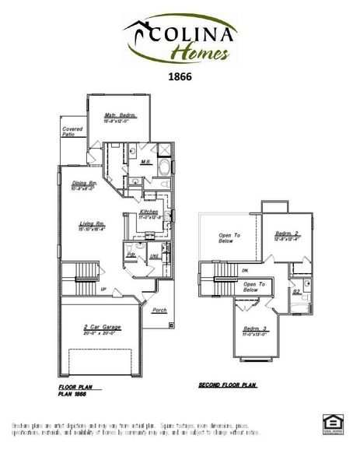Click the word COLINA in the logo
click(197, 33)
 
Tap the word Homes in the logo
click(200, 54)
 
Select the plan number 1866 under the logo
click(180, 78)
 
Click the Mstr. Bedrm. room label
click(121, 115)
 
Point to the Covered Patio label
click(72, 132)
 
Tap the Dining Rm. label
click(83, 183)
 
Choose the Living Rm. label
click(92, 224)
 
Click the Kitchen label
click(149, 212)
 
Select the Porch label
click(159, 310)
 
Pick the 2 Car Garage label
click(102, 328)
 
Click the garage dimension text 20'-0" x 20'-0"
click(102, 335)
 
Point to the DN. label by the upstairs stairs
click(244, 270)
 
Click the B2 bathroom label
click(297, 292)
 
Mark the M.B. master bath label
click(145, 163)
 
